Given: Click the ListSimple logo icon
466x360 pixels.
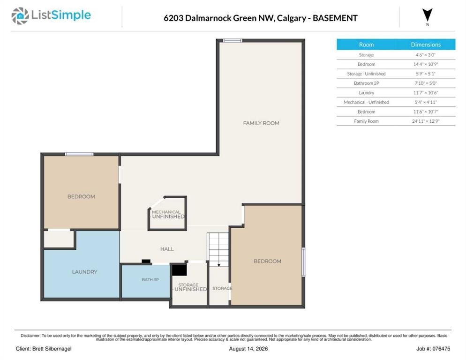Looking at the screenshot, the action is tap(20, 16).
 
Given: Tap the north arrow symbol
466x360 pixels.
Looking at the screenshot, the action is tap(428, 15).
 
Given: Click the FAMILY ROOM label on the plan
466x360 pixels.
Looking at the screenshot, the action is tap(261, 123).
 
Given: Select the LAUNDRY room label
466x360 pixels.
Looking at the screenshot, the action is tap(84, 272).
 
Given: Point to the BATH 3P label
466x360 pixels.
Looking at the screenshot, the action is tap(150, 279).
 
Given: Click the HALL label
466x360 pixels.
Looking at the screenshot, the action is tap(167, 249).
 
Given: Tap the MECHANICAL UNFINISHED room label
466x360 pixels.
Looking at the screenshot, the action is tap(168, 214).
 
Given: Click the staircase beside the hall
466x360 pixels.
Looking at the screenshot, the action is tap(218, 249).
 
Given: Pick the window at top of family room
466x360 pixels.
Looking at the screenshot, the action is tap(233, 40).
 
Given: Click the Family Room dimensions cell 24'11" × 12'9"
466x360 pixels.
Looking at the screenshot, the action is tap(426, 121).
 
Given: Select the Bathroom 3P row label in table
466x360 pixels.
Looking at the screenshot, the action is tap(366, 83).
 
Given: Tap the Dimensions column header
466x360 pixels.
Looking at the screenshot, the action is tap(426, 45).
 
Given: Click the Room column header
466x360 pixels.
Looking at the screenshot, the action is tap(366, 45).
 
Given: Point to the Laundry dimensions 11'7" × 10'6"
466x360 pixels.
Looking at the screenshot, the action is tap(426, 93).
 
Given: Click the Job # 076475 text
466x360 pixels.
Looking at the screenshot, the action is tap(433, 349).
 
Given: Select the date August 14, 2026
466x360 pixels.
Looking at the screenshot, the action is tap(248, 349).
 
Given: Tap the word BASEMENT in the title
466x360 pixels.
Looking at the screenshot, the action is tap(335, 18).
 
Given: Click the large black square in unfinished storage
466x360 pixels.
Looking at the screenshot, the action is tap(180, 270).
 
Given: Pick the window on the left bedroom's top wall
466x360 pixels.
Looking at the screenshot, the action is tap(79, 154).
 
